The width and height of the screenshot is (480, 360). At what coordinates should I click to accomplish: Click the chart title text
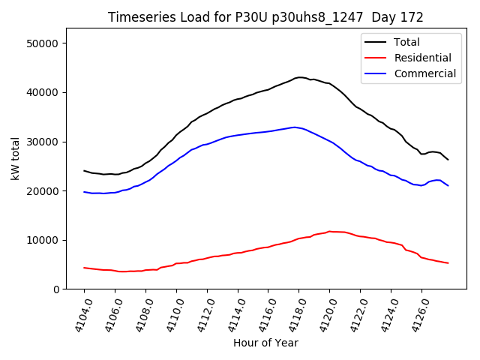265,17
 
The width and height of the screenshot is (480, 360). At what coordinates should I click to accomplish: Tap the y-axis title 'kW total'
16,158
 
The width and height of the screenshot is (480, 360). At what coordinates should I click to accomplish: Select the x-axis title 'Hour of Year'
265,343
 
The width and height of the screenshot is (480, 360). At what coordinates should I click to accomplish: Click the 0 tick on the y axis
56,289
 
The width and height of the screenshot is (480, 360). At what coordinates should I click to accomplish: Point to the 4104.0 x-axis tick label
80,314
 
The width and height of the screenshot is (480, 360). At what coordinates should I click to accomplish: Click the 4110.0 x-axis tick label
172,314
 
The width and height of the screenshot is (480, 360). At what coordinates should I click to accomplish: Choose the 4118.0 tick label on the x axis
295,314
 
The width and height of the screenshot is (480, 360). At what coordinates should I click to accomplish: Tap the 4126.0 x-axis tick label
418,314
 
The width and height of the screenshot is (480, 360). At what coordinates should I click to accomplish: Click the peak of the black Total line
300,77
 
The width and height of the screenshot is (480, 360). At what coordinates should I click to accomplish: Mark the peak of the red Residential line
330,232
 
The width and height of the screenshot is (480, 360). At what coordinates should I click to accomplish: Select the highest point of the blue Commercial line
295,127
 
